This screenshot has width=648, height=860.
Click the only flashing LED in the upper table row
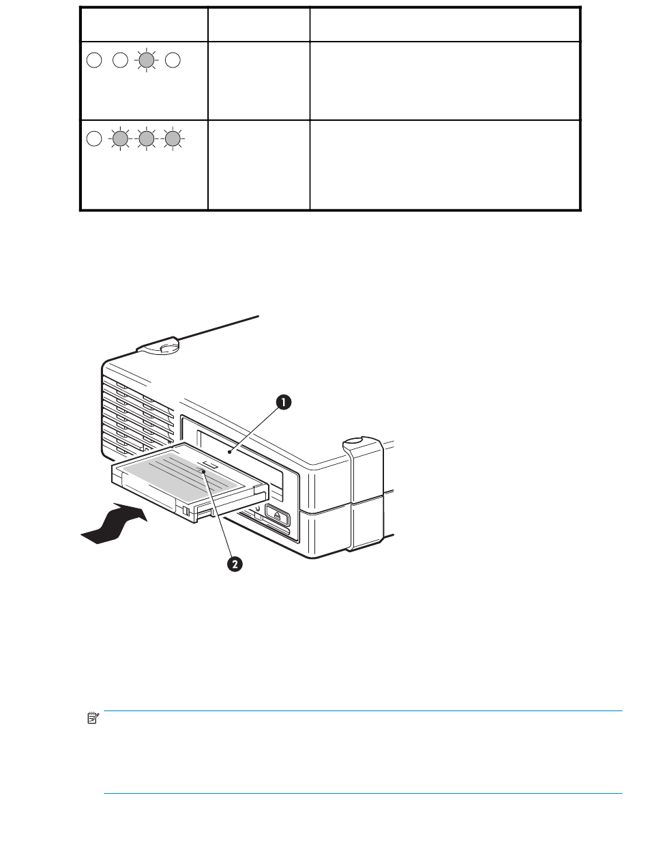point(145,60)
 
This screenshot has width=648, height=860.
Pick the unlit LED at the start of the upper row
point(93,60)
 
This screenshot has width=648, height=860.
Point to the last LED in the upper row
point(173,60)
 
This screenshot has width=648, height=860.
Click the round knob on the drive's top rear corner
point(163,348)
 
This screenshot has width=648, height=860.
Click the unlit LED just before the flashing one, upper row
point(119,60)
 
